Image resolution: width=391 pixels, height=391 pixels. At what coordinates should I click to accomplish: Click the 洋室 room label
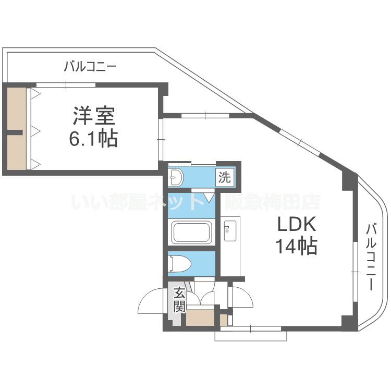pos(94,116)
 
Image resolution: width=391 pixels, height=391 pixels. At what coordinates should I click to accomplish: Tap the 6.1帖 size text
pos(93,138)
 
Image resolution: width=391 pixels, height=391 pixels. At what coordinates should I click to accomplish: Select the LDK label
pos(297,224)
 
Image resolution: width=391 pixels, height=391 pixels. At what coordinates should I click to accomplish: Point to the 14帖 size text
pos(296,245)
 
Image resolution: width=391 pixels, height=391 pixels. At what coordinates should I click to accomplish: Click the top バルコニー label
pos(90,67)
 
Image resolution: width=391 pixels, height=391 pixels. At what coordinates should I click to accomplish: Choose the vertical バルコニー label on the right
pos(371,257)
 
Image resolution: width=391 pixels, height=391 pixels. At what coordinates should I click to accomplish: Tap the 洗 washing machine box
pos(224,177)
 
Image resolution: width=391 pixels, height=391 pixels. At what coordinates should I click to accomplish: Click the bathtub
pos(191,233)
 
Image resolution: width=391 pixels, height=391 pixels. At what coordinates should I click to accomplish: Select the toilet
pos(179,263)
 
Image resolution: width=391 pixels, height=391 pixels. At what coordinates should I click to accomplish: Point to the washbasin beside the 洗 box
pos(176,177)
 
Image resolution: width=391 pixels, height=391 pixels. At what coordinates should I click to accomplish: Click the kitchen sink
pos(230,231)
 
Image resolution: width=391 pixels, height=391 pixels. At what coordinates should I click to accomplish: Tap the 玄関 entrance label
pos(179,299)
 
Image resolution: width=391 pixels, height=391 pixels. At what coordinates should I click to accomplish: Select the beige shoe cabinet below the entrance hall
pos(200,317)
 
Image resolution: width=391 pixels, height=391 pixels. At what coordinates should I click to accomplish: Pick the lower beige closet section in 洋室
pos(16,152)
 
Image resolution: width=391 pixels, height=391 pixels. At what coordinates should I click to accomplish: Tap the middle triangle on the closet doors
pos(36,130)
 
